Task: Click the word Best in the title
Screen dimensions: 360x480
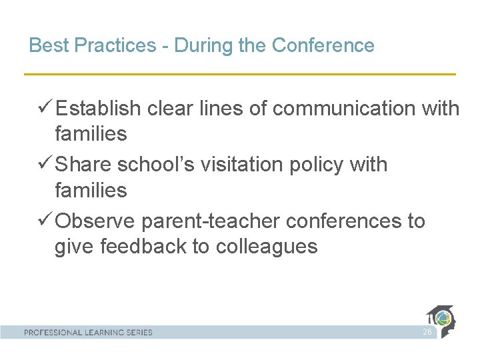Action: point(46,46)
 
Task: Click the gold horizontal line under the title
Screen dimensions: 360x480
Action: point(240,73)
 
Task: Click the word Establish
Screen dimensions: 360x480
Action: point(98,108)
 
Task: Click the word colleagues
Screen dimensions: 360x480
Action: point(266,247)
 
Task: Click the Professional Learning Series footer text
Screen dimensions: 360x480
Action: point(88,332)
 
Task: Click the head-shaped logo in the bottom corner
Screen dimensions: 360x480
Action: point(441,321)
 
